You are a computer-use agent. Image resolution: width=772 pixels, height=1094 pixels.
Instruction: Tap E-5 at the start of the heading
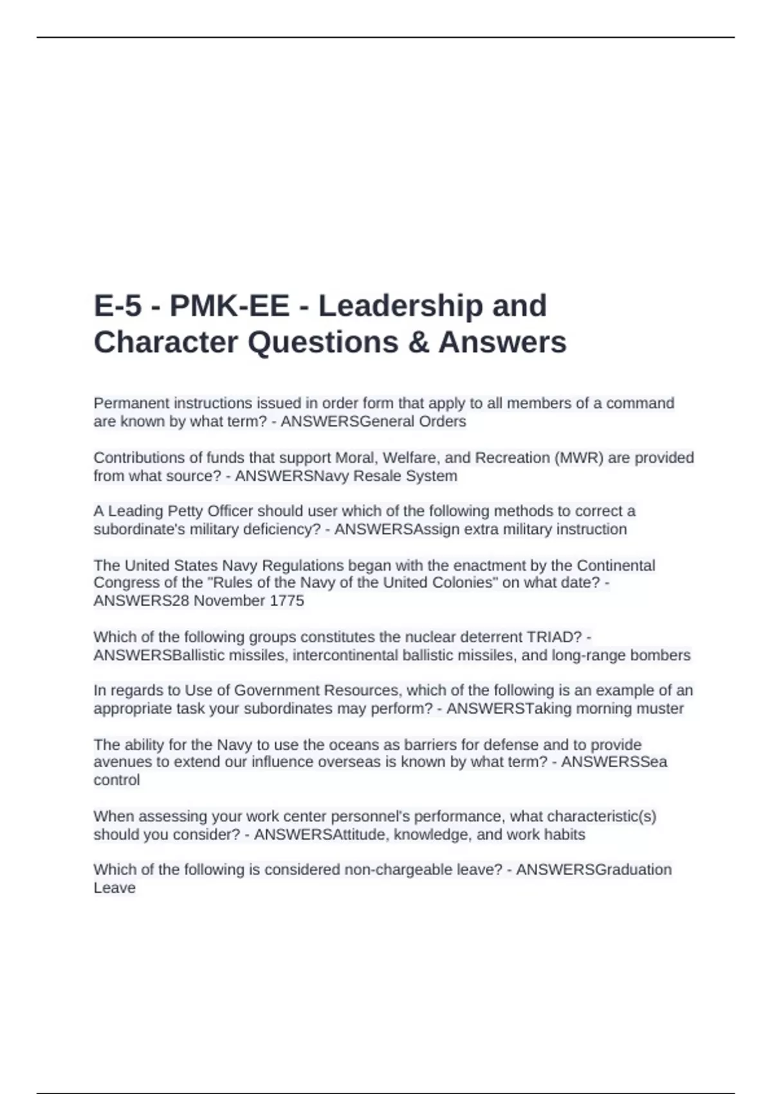point(118,306)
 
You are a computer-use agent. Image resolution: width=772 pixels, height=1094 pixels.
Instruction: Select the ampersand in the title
point(418,342)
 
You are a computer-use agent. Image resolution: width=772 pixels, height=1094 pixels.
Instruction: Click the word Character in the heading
point(166,342)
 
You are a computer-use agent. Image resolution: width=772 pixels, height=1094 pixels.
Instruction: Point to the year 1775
point(286,601)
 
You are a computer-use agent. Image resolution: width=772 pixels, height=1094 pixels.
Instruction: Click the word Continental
point(616,566)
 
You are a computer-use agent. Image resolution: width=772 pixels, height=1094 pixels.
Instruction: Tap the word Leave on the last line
point(115,888)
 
